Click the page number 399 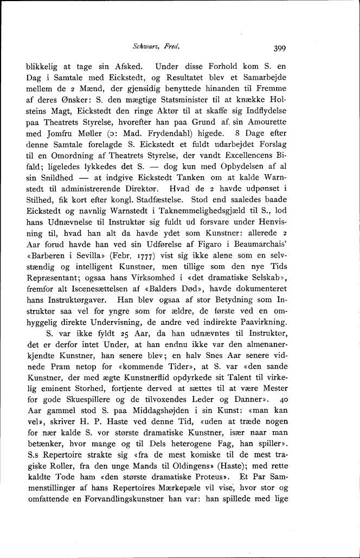coord(279,48)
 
